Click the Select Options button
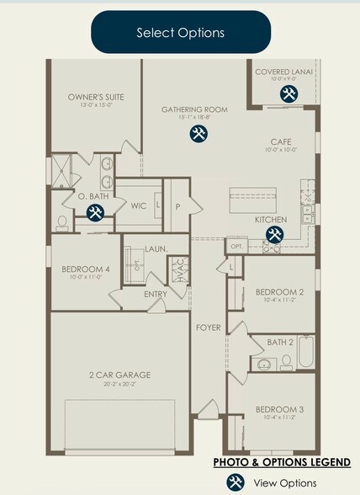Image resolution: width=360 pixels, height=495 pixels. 180,33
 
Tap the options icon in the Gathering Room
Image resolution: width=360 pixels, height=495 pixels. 199,134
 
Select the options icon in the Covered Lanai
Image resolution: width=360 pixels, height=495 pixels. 288,93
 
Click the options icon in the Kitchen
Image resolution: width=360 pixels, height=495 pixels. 275,235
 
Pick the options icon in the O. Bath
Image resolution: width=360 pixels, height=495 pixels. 95,213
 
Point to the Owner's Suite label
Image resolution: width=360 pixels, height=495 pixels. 96,97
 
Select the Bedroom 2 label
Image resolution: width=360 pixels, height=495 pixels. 279,292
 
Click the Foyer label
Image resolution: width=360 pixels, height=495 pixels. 208,327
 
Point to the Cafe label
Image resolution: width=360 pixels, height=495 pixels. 280,142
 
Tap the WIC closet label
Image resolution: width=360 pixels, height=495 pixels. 139,205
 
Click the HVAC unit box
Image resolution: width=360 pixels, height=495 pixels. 179,272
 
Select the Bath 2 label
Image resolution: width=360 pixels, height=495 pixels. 279,342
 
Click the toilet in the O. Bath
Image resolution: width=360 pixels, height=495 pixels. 62,223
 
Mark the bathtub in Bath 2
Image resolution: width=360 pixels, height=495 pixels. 306,353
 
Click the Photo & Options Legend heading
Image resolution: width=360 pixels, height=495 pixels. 282,462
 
